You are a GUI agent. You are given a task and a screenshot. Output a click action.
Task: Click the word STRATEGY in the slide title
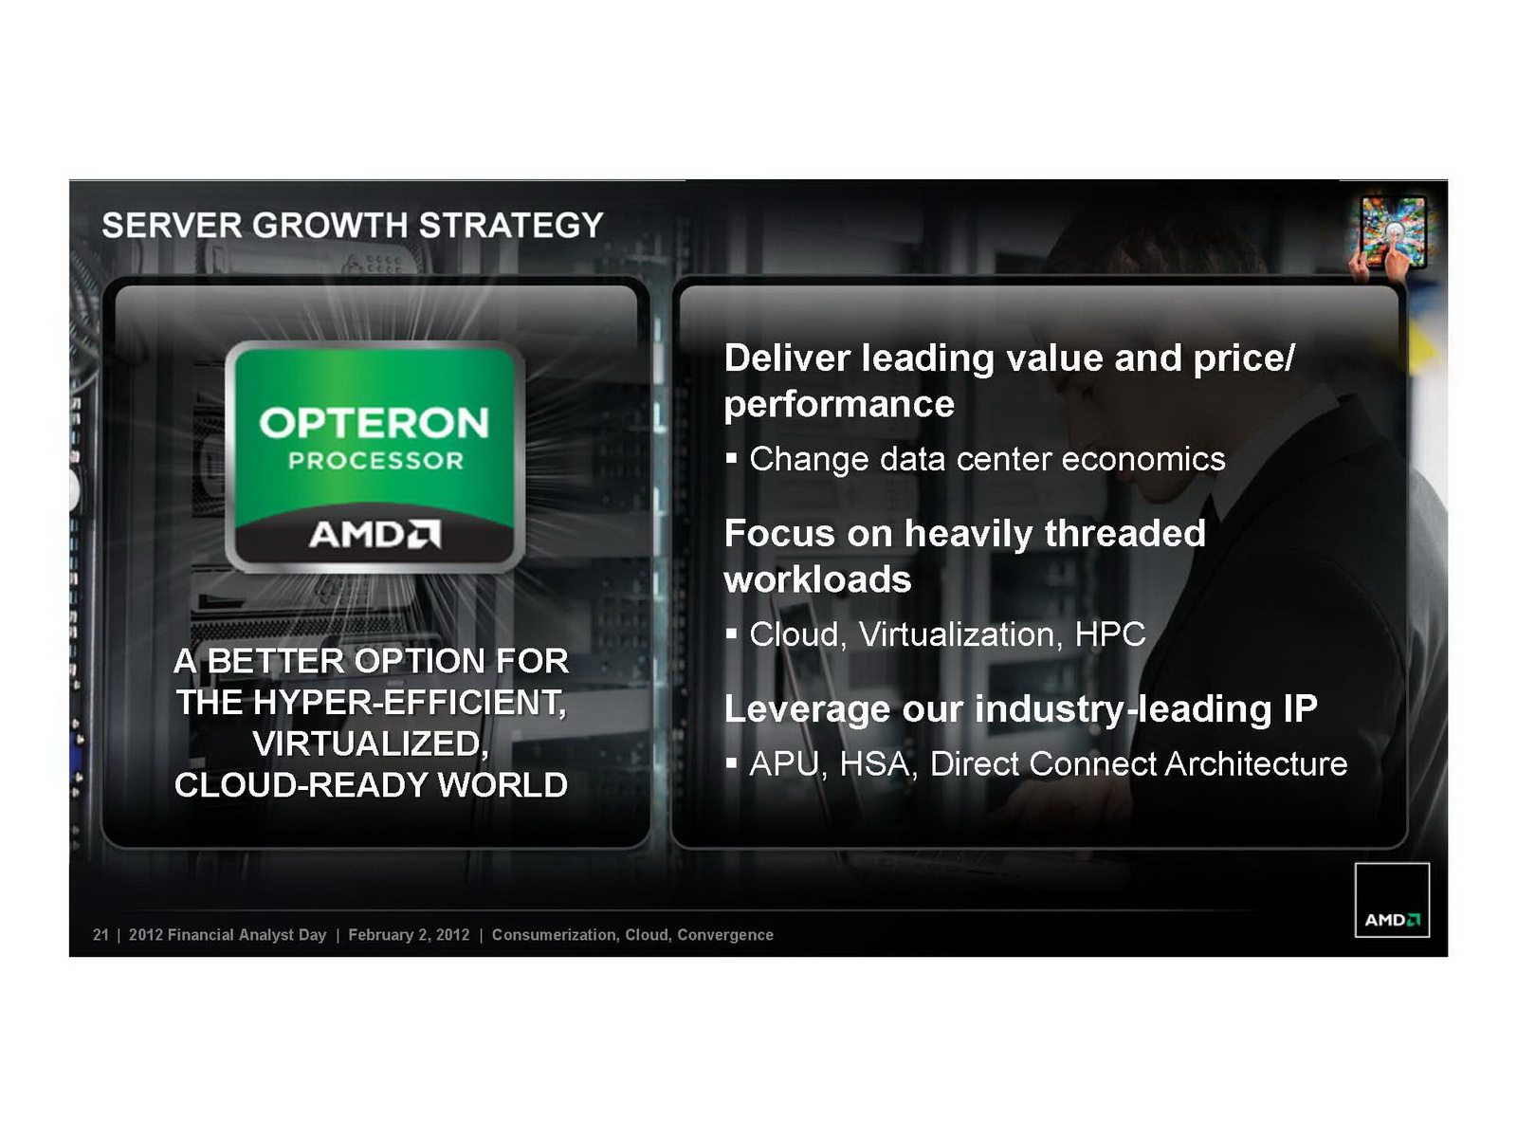coord(511,226)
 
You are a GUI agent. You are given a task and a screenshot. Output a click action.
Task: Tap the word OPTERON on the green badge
coord(374,423)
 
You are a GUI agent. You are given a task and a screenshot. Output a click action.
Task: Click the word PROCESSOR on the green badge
coord(375,461)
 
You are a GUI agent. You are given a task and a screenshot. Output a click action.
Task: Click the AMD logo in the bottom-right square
coord(1392,920)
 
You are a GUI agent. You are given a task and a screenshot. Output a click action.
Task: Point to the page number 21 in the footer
coord(101,935)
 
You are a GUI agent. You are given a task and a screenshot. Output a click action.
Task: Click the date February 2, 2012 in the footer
coord(409,935)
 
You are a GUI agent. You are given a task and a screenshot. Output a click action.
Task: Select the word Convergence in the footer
coord(725,935)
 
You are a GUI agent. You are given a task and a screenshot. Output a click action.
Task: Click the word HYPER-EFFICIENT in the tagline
coord(409,703)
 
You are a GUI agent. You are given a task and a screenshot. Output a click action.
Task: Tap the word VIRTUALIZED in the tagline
coord(371,744)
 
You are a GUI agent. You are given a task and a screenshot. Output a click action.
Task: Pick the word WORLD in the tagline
coord(503,785)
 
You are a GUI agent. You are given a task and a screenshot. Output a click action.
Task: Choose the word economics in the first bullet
coord(1143,459)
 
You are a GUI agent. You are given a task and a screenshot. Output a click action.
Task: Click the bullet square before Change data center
coord(731,457)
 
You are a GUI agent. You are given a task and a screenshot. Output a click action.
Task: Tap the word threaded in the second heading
coord(1124,533)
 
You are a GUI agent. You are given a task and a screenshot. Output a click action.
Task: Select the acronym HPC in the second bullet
coord(1110,634)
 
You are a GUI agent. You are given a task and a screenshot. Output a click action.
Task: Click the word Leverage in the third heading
coord(807,709)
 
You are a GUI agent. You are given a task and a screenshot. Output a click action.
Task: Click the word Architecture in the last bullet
coord(1255,764)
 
